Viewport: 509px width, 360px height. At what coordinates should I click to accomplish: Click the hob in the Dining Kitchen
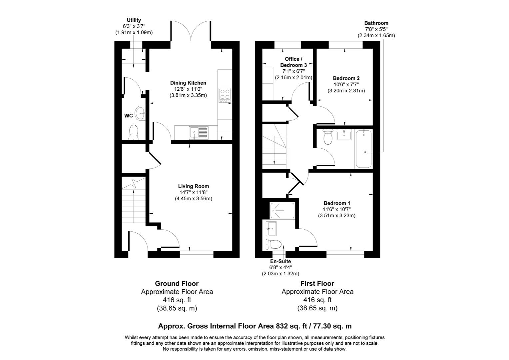point(225,94)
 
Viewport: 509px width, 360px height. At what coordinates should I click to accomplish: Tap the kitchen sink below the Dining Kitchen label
point(199,133)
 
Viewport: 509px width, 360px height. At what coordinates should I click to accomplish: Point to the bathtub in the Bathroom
point(363,149)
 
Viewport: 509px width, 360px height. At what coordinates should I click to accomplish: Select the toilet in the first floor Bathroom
point(328,137)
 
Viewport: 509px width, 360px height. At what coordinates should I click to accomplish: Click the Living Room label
point(193,186)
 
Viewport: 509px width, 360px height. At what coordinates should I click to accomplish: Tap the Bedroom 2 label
point(346,78)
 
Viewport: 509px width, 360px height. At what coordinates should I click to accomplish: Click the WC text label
point(129,116)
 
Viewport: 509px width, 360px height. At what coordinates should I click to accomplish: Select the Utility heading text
point(134,20)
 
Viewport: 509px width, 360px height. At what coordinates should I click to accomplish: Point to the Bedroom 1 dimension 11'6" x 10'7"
point(337,209)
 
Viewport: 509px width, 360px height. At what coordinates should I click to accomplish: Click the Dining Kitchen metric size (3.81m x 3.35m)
point(188,95)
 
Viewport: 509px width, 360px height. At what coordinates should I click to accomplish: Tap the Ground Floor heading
point(177,284)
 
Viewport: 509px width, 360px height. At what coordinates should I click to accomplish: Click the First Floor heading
point(317,284)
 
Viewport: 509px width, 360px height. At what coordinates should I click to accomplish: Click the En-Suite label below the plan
point(280,261)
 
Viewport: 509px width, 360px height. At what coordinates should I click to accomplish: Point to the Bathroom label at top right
point(376,23)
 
